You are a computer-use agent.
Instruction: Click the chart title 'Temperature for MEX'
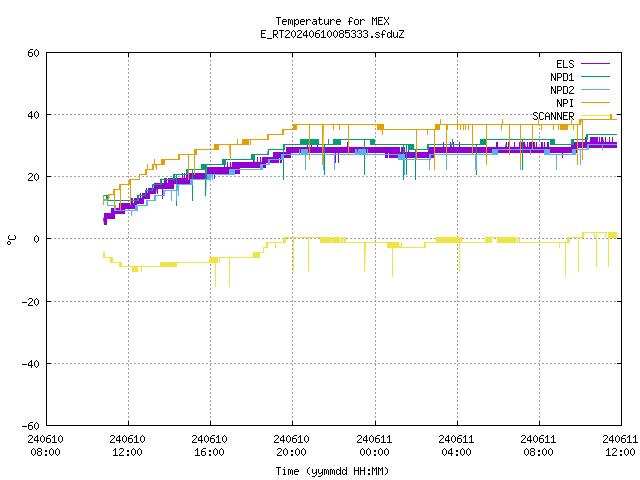coord(332,21)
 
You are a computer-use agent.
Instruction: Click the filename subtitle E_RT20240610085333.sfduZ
coord(332,34)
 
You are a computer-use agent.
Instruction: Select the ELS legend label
coord(565,64)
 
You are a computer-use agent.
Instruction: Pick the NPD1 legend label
coord(562,77)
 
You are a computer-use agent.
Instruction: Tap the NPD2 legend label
coord(562,90)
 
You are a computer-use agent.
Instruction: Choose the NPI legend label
coord(565,103)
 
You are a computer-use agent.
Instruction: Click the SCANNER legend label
coord(553,116)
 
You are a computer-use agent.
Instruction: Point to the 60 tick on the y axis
coord(33,53)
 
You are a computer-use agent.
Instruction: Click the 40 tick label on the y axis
coord(33,115)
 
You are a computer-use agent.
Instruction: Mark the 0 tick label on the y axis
coord(36,239)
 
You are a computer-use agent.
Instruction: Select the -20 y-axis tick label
coord(31,302)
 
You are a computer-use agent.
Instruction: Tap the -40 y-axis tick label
coord(31,364)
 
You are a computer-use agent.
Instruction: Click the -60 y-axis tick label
coord(31,426)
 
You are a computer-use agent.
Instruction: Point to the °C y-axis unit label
coord(11,239)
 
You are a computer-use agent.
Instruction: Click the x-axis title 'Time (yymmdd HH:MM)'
coord(332,471)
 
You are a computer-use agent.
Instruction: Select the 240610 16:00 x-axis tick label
coord(209,446)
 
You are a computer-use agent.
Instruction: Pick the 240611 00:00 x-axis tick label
coord(374,446)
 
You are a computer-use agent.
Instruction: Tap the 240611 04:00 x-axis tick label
coord(456,446)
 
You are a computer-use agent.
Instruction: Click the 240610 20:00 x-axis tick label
coord(291,446)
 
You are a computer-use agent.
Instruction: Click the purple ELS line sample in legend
coord(595,64)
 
